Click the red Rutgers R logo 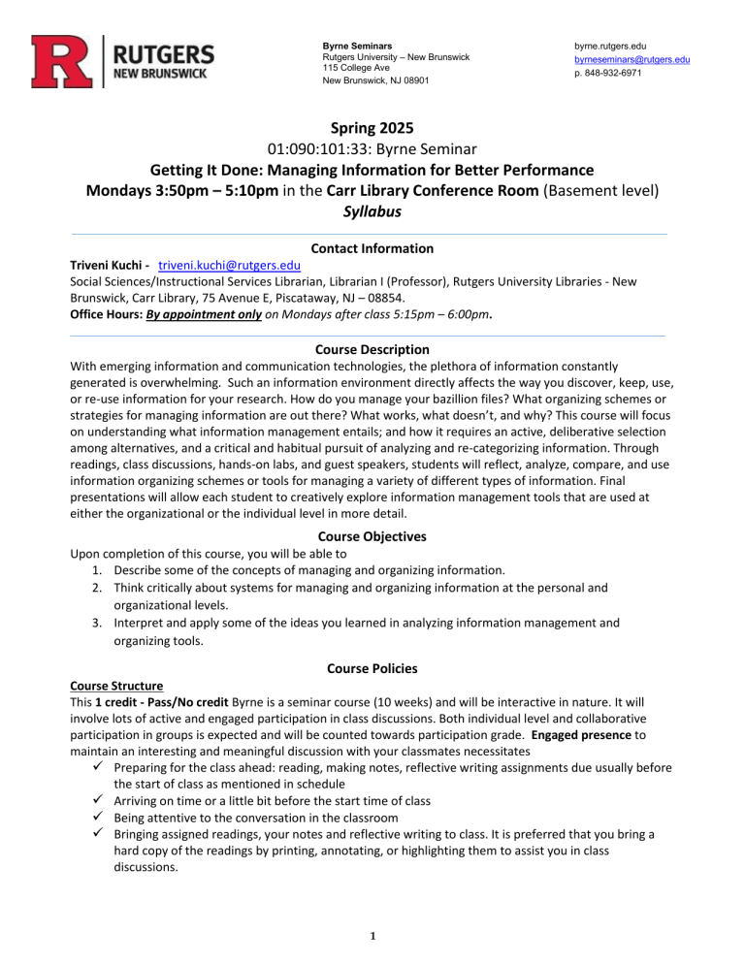coord(61,60)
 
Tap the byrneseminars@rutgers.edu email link coord(632,59)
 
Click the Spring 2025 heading coord(372,128)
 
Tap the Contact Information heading coord(372,248)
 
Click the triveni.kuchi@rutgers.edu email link coord(229,266)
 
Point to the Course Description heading coord(372,349)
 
